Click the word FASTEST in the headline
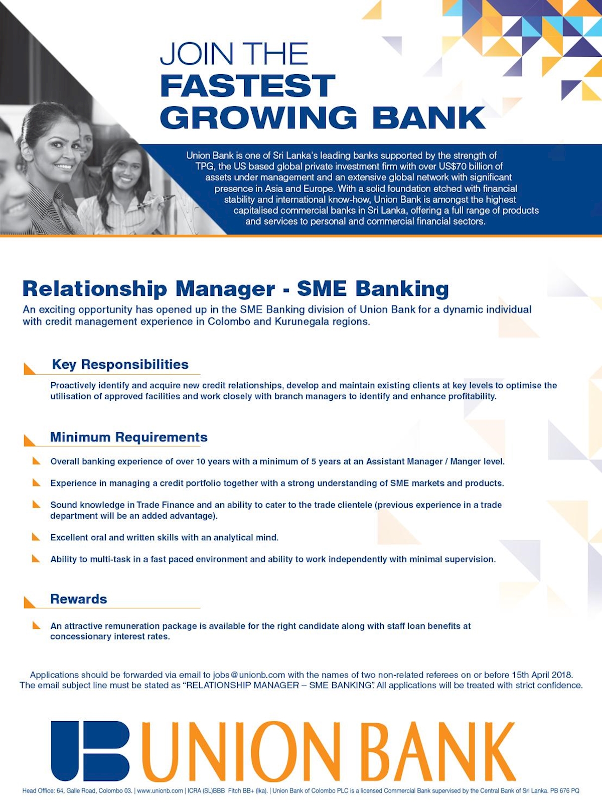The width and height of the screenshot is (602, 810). click(248, 86)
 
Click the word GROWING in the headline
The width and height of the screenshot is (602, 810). click(258, 118)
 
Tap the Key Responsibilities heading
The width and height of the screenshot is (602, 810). click(120, 365)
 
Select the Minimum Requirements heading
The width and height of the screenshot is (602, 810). click(128, 437)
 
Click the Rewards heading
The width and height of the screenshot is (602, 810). click(79, 599)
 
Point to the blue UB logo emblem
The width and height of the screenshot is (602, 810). click(90, 750)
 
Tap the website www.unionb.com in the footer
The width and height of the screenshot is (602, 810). click(160, 791)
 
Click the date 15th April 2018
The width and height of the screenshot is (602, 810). click(542, 675)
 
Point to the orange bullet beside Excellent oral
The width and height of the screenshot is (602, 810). click(36, 537)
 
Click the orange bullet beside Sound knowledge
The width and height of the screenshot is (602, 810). click(36, 505)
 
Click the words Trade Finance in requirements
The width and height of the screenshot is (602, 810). click(166, 505)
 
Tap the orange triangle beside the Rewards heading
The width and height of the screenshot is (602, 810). click(30, 602)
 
